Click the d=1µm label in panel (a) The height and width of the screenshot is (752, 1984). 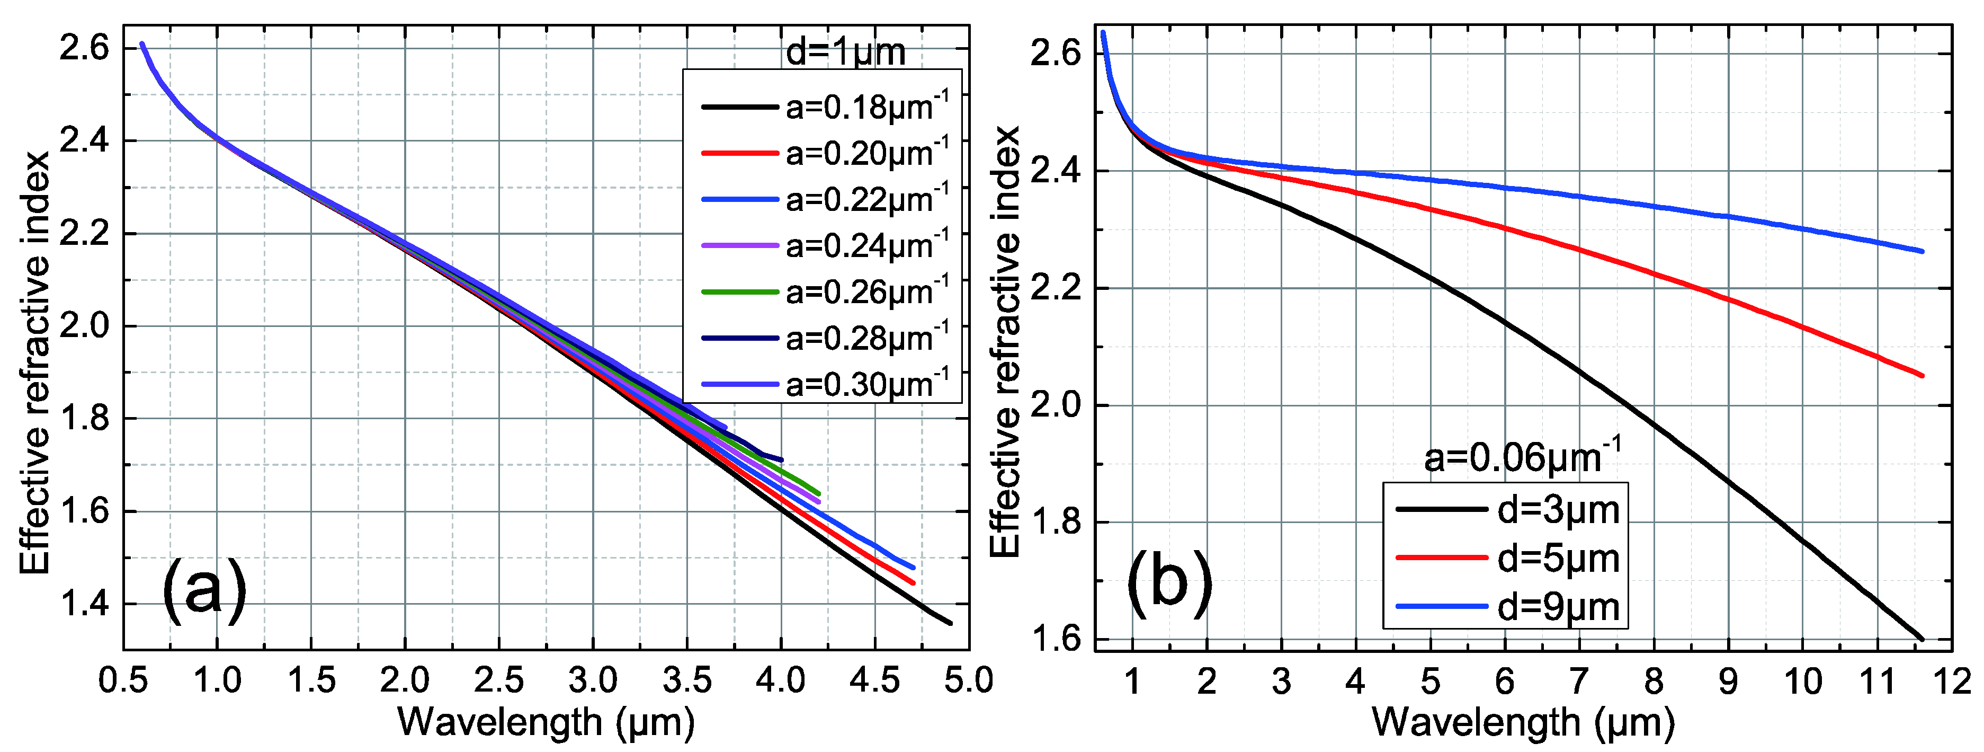point(845,52)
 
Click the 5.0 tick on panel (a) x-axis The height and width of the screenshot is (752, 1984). point(969,681)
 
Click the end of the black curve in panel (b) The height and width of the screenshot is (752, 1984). point(1923,639)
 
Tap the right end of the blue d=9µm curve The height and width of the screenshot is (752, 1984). point(1923,251)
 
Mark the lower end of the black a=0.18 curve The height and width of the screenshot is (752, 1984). point(950,623)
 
